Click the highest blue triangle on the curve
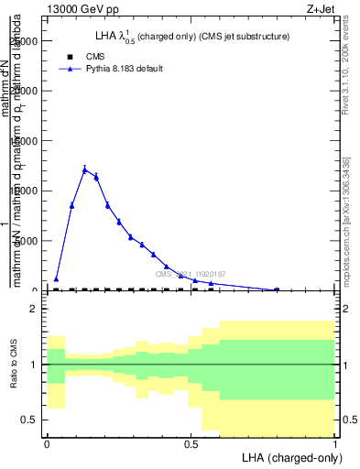pos(84,169)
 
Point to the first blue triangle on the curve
pos(56,278)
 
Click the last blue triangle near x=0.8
pos(277,289)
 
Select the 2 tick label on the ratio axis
pos(33,310)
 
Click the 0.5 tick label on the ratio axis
pos(28,420)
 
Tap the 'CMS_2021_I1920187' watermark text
pos(190,274)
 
